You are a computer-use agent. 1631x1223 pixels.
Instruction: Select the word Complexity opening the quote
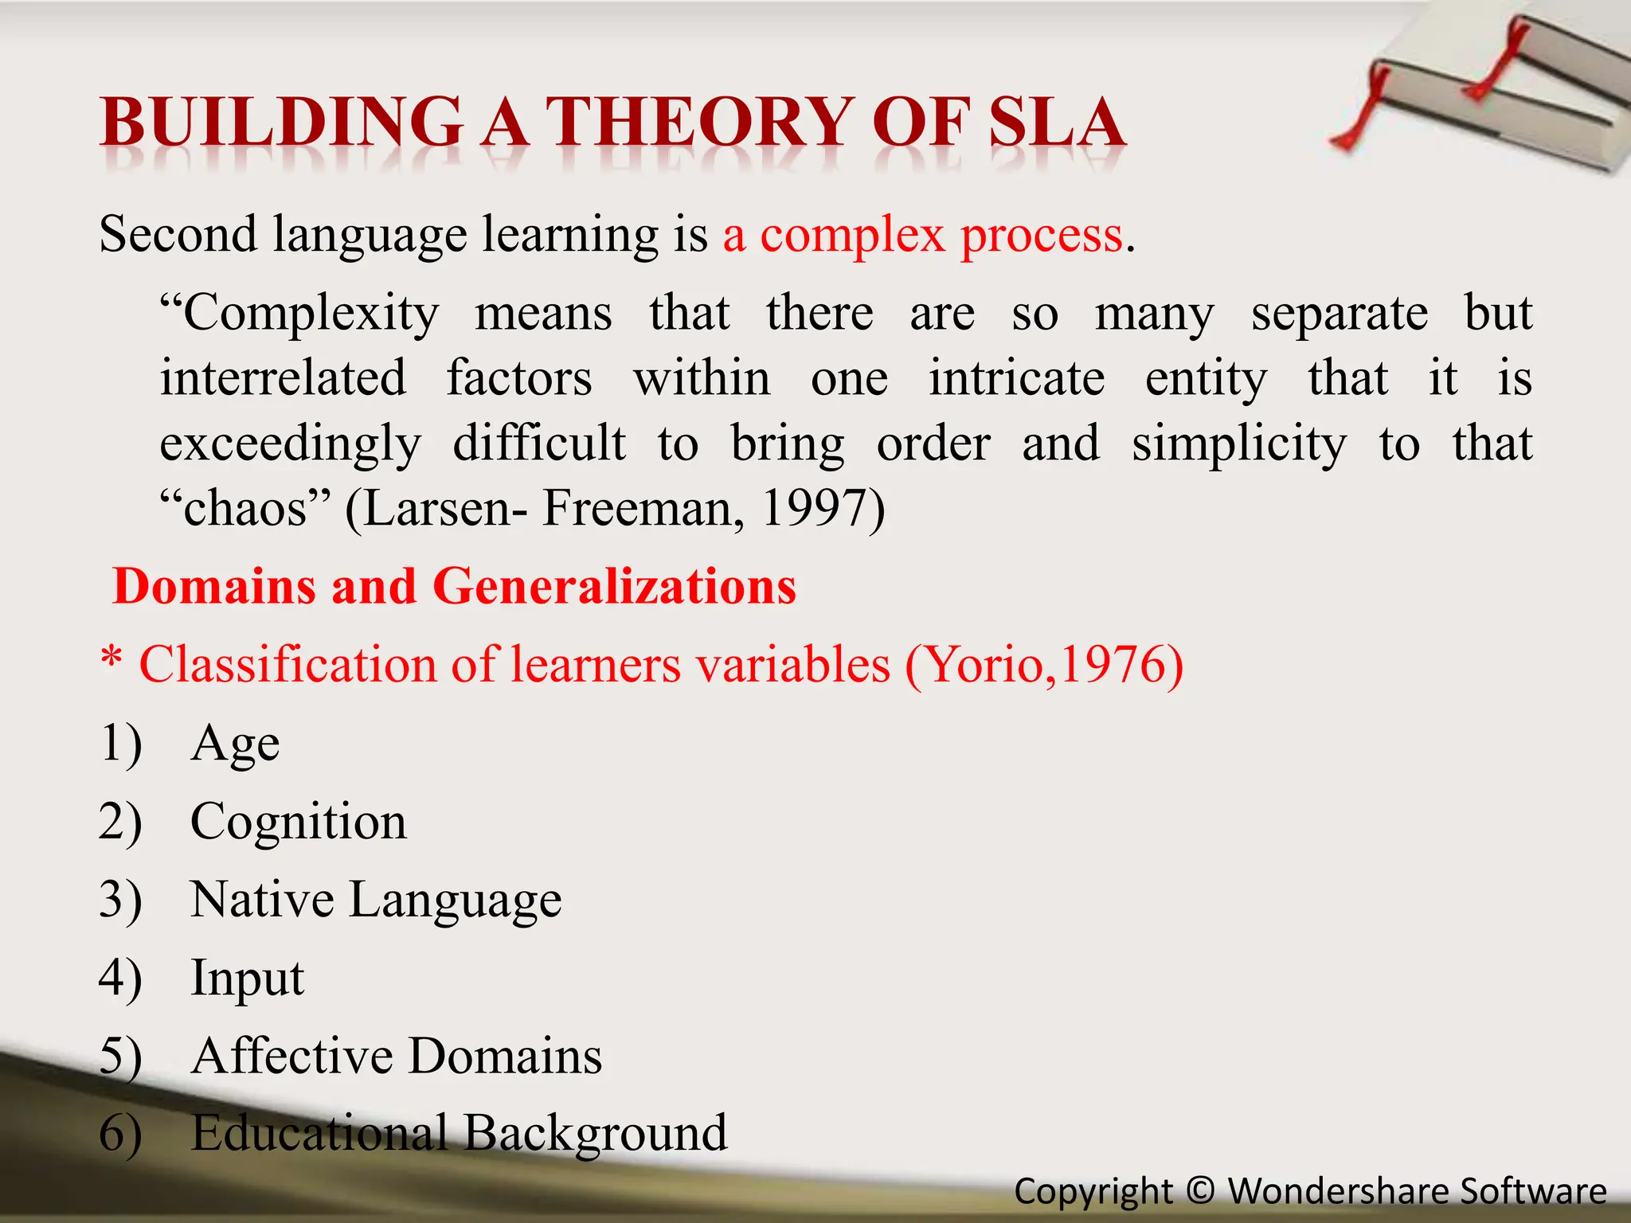click(299, 314)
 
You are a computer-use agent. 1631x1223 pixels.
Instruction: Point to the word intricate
click(1016, 378)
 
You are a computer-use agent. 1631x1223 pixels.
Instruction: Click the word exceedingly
click(290, 444)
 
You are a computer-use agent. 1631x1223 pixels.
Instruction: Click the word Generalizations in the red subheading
click(614, 587)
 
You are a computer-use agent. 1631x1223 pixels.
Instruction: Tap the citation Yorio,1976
click(1043, 664)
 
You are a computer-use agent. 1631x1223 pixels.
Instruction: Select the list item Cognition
click(299, 822)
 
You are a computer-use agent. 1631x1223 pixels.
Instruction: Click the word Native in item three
click(262, 900)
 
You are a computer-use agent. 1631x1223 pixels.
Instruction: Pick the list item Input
click(247, 979)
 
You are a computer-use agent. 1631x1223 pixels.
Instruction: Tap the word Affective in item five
click(291, 1057)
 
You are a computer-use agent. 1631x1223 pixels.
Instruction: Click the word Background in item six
click(595, 1134)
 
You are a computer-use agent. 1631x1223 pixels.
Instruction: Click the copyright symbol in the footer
click(1200, 1191)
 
